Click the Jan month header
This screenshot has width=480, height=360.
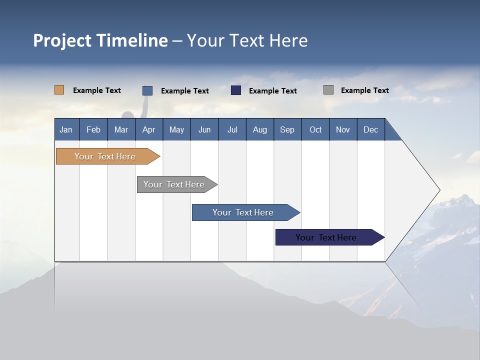(x=66, y=129)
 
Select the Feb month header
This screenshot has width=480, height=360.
(x=93, y=129)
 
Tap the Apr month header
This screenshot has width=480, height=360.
(x=149, y=129)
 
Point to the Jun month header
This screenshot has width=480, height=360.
(x=204, y=129)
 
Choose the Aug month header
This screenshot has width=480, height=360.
(x=260, y=129)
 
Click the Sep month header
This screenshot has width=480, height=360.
(x=287, y=129)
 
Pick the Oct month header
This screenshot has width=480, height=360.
(x=315, y=129)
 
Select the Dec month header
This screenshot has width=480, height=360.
(x=371, y=129)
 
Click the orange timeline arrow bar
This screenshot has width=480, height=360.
(x=105, y=156)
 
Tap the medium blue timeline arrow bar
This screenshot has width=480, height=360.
(x=243, y=212)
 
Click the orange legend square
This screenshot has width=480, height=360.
(x=59, y=90)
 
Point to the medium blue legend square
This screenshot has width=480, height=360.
(x=147, y=90)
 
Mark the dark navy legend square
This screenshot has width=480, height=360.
(x=236, y=90)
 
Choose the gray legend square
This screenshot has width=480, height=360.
(x=328, y=90)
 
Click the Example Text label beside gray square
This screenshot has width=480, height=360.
(x=364, y=90)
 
